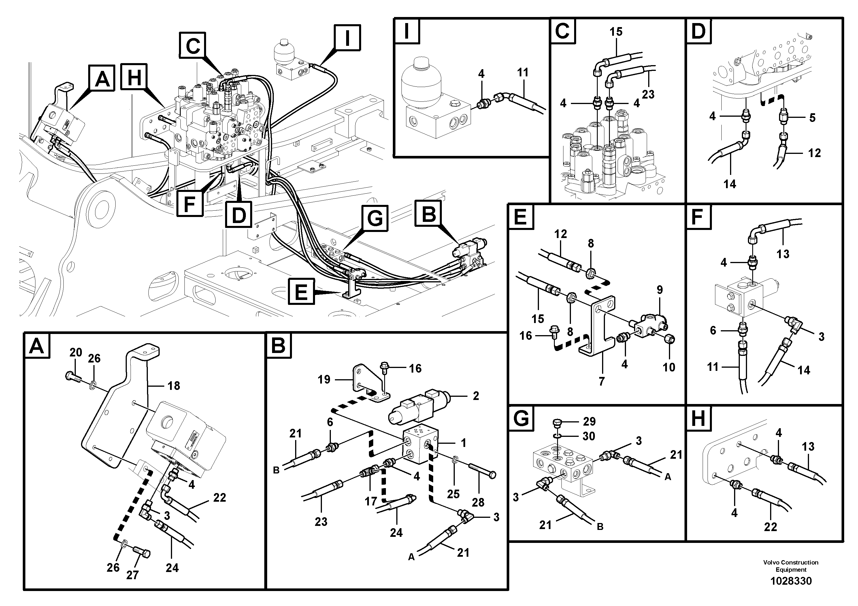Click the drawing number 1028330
coord(791,581)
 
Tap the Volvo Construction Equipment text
coord(791,566)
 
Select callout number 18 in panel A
coord(174,386)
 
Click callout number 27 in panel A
coord(132,575)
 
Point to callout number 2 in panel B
coord(476,396)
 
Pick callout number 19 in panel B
coord(324,380)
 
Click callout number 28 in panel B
coord(478,502)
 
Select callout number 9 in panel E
coord(660,290)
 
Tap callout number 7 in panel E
coord(601,382)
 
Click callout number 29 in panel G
coord(589,422)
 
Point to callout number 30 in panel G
coord(589,436)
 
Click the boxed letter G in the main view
coord(374,218)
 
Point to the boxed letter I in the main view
coord(347,37)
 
